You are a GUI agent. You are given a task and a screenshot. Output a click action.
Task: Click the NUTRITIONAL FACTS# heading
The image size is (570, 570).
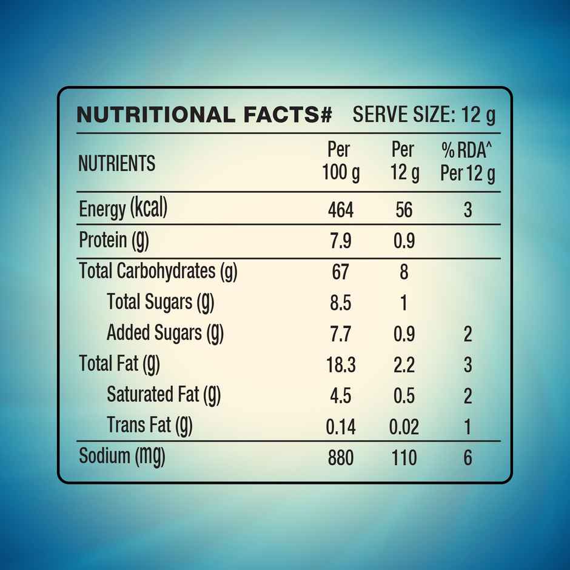(x=204, y=115)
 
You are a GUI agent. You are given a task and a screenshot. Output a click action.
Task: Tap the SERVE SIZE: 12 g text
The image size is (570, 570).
(x=424, y=115)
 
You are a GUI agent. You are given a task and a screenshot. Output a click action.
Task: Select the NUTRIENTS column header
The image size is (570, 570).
(x=116, y=163)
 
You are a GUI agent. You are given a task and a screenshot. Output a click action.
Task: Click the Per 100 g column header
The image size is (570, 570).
(x=340, y=162)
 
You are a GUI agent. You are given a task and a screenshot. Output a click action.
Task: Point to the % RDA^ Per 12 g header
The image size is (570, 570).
(x=468, y=162)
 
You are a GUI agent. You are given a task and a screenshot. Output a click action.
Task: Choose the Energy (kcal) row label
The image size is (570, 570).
(x=123, y=209)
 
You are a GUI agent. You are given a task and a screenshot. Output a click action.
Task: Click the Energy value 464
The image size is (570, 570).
(x=340, y=210)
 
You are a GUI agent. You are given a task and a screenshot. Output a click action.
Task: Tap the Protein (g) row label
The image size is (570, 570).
(x=114, y=240)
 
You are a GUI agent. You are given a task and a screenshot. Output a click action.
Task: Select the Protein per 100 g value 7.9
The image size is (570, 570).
(x=340, y=241)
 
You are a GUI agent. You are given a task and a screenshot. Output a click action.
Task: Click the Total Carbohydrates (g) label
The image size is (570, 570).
(x=158, y=271)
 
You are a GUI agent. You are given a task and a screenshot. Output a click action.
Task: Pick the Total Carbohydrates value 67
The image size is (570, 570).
(x=340, y=272)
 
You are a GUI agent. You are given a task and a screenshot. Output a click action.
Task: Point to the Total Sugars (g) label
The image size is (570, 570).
(x=160, y=301)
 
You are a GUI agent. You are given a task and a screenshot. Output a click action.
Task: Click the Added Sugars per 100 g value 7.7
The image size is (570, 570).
(x=340, y=334)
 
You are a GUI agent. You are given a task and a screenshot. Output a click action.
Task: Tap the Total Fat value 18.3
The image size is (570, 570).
(x=340, y=365)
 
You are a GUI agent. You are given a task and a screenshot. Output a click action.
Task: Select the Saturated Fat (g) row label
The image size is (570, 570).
(x=164, y=395)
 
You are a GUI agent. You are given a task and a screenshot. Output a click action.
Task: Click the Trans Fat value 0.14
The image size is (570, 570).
(x=340, y=427)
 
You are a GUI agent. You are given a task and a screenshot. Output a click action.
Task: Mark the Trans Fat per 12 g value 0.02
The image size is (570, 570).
(x=404, y=427)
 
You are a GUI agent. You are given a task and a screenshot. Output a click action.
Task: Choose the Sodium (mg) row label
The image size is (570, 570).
(x=122, y=457)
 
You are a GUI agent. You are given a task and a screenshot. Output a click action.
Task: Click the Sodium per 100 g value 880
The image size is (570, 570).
(x=340, y=458)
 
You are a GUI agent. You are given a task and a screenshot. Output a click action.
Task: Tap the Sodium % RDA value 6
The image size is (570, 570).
(x=468, y=458)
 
